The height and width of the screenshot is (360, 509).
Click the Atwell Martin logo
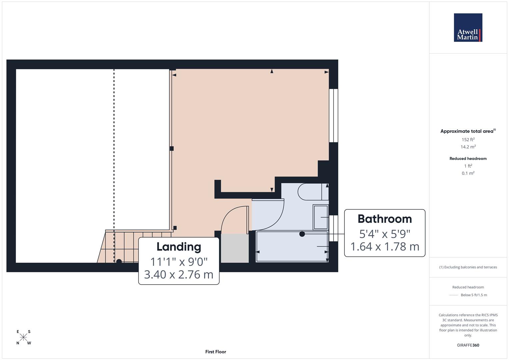(x=468, y=28)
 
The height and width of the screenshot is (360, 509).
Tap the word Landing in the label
(x=179, y=247)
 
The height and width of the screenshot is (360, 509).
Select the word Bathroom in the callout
(x=384, y=219)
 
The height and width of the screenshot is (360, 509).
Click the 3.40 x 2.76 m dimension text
(x=179, y=274)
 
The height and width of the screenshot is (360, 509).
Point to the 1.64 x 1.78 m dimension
(x=385, y=247)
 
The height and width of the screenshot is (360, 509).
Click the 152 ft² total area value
(x=468, y=140)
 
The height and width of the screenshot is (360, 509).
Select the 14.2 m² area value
(x=468, y=147)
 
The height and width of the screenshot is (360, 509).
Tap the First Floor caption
(x=215, y=352)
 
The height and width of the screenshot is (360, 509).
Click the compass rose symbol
(x=23, y=337)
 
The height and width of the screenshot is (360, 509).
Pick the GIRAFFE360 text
(x=468, y=345)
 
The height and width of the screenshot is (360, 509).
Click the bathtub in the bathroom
(x=292, y=247)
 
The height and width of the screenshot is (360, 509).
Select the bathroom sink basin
(x=320, y=217)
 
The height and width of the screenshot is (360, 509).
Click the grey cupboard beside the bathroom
(x=235, y=248)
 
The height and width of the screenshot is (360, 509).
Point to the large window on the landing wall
(x=333, y=115)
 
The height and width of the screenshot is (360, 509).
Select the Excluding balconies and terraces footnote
(x=468, y=267)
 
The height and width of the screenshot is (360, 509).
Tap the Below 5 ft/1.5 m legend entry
(x=473, y=295)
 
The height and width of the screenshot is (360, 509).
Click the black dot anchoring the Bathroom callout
(x=302, y=234)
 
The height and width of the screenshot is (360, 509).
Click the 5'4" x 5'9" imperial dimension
(x=384, y=234)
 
